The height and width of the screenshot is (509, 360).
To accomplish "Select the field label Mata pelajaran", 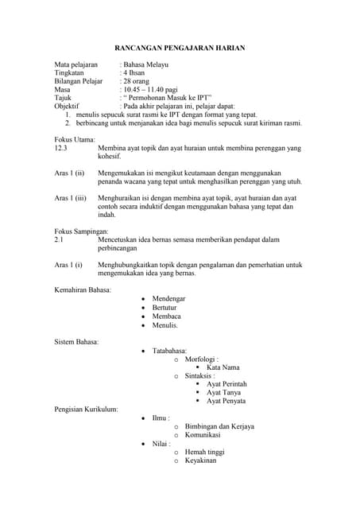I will coord(75,64).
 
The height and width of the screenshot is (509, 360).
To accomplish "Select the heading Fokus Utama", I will coord(75,138).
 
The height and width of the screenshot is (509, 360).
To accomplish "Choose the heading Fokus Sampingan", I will coord(81,231).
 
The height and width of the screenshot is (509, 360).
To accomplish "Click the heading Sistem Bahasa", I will coord(76,341).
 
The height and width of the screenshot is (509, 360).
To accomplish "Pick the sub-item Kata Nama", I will coord(223,367).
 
